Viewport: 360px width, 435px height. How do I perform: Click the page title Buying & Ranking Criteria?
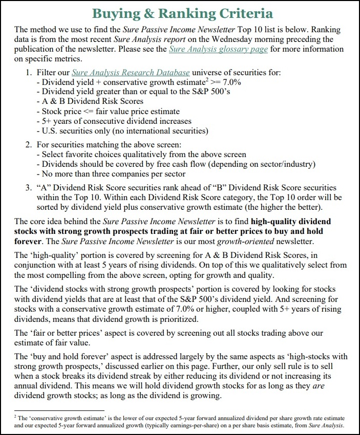tap(180, 13)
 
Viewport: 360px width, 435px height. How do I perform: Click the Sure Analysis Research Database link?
tap(131, 72)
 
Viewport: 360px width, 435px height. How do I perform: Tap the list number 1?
tap(29, 72)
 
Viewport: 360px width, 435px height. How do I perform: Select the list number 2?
tap(29, 145)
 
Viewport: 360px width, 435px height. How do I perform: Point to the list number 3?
tap(29, 187)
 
